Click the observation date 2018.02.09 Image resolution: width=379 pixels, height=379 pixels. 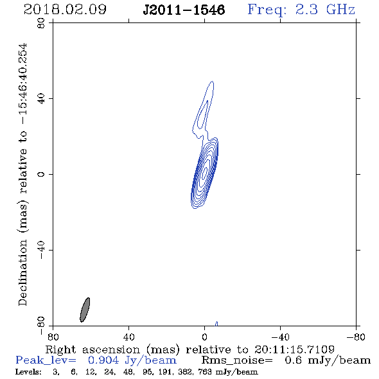click(65, 10)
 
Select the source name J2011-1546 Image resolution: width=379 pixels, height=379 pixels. click(184, 10)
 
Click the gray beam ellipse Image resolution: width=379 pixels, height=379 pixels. click(85, 310)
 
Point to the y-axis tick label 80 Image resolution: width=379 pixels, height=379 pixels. click(41, 23)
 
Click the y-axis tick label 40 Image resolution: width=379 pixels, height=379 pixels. click(41, 99)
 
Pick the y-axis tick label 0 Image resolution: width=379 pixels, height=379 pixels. click(41, 174)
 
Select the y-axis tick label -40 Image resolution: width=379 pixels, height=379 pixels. click(41, 250)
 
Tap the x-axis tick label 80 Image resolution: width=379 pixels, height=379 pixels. click(53, 337)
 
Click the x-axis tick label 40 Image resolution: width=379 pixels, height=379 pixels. click(129, 337)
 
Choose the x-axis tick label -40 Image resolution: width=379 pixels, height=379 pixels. click(280, 337)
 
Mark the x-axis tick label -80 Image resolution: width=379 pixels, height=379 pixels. click(356, 337)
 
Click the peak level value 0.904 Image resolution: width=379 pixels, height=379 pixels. click(103, 360)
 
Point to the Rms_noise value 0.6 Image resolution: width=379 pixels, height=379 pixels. click(293, 360)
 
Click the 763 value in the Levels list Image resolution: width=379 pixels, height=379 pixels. click(206, 372)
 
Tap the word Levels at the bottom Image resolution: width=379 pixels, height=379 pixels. click(28, 372)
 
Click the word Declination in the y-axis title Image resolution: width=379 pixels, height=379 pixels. click(22, 272)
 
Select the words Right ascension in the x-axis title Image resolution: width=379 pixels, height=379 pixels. click(93, 349)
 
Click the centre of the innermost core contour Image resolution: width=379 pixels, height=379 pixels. click(206, 172)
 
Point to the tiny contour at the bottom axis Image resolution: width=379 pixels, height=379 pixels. click(216, 324)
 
